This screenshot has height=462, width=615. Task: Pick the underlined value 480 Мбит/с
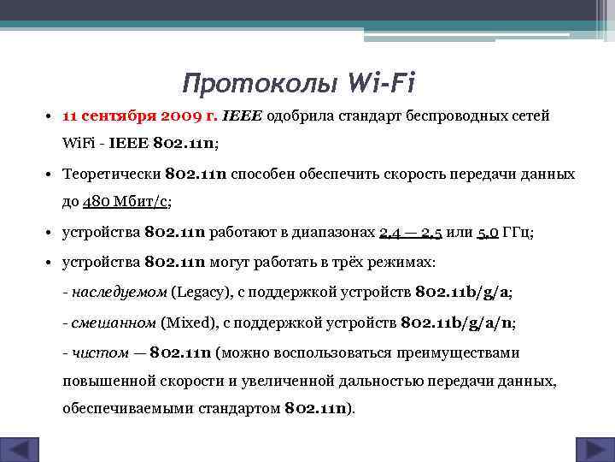pos(126,203)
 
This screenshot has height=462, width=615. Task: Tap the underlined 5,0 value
pos(489,232)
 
